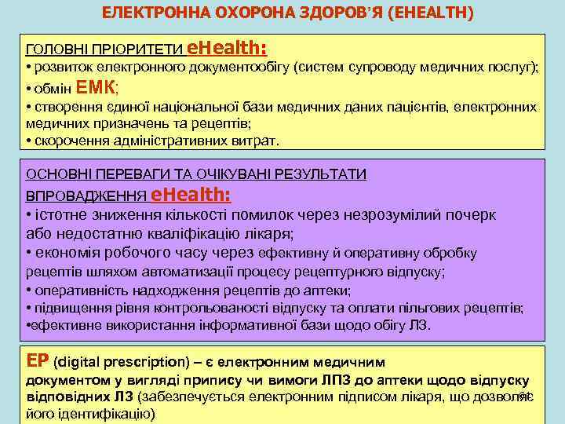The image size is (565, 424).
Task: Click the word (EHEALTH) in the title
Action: coord(425,13)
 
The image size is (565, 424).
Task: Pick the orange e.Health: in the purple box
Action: coord(191,194)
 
